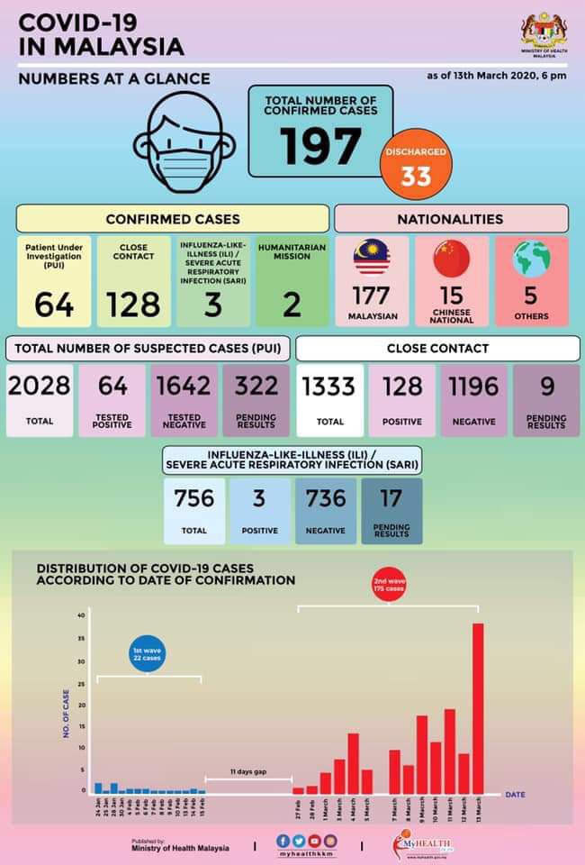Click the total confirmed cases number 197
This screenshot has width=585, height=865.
(x=319, y=146)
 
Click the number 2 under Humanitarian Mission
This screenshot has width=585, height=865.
(x=292, y=305)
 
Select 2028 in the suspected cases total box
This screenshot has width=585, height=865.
(x=39, y=387)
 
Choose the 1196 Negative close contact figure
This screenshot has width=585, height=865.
(x=474, y=387)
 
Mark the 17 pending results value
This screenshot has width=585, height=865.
(x=391, y=498)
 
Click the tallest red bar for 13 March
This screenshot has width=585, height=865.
(x=477, y=707)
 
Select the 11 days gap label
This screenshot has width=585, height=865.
(x=247, y=772)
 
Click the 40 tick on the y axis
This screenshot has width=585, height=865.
(x=81, y=615)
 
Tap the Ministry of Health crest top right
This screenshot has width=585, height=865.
(x=541, y=32)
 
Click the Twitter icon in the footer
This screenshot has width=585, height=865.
(x=299, y=841)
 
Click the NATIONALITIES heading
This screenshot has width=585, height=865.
(x=451, y=219)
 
